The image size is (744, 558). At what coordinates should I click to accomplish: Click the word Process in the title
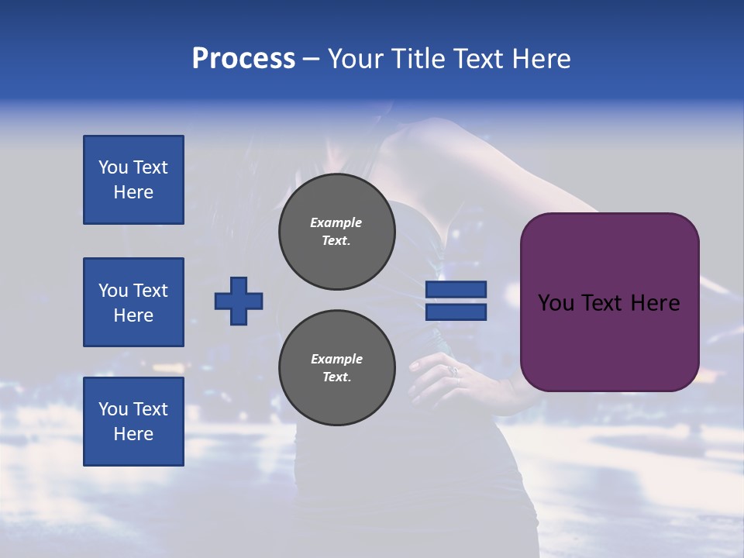tap(243, 59)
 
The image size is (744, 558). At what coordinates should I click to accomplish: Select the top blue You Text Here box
tap(133, 180)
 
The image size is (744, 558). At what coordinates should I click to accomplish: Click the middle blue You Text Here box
tap(133, 302)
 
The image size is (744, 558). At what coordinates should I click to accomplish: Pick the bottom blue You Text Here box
tap(133, 422)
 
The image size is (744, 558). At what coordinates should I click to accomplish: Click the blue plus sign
tap(239, 301)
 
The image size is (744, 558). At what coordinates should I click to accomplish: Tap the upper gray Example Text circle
tap(337, 232)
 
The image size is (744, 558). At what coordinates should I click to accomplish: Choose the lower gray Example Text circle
tap(337, 368)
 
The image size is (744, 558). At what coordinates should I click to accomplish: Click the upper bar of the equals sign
tap(456, 289)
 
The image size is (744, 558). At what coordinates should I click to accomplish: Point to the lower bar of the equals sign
tap(456, 312)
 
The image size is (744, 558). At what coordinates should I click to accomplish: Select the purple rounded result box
tap(609, 302)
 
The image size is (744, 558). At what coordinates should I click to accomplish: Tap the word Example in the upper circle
tap(336, 222)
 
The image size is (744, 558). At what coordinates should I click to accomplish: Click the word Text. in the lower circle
tap(337, 377)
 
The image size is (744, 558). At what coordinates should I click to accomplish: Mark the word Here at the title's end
tap(542, 59)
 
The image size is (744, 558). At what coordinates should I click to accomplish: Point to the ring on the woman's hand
tap(456, 373)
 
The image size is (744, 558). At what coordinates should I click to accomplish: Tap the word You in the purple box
tap(555, 303)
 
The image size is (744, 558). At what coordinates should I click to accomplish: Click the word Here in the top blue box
tap(133, 192)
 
